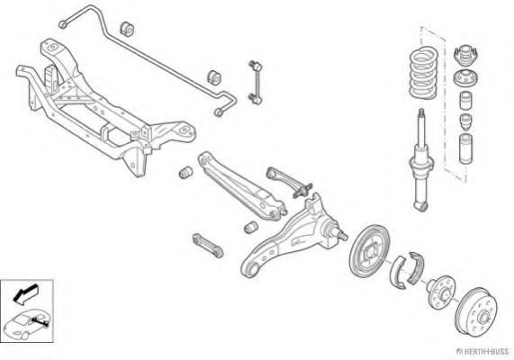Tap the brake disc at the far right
point(476,311)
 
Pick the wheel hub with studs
point(442,292)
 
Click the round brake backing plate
point(369,250)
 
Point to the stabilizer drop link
point(255,82)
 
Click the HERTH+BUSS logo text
point(482,352)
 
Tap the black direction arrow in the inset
point(25,293)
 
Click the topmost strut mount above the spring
point(464,54)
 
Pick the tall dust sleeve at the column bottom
point(465,148)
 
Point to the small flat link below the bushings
point(208,245)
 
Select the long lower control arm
point(241,185)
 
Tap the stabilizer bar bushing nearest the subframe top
point(127,29)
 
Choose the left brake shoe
point(397,272)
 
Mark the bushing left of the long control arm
point(186,173)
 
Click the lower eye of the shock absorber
point(421,206)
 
